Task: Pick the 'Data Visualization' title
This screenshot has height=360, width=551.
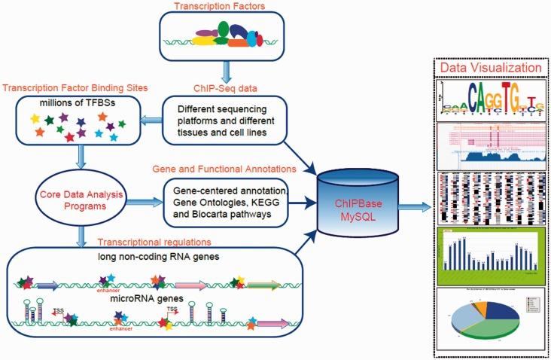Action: click(x=492, y=68)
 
